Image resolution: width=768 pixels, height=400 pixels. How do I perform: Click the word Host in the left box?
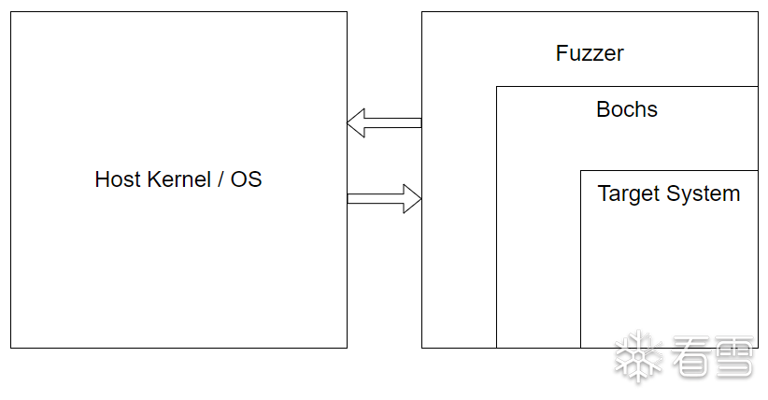(x=116, y=179)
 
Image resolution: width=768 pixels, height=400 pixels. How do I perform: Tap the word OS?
(x=247, y=179)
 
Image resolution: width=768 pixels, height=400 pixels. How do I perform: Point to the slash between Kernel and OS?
(x=221, y=179)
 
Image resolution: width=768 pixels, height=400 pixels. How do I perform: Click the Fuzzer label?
(x=590, y=53)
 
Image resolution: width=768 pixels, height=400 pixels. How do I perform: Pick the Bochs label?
(x=627, y=109)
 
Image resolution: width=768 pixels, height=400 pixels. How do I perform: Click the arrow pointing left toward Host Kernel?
(x=384, y=122)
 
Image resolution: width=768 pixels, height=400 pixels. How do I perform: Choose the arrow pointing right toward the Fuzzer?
(x=384, y=198)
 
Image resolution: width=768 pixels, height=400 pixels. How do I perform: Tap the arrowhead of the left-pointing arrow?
(x=355, y=122)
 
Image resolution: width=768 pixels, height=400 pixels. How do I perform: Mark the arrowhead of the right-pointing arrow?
(x=412, y=198)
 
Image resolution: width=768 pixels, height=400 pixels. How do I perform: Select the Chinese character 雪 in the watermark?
(x=732, y=359)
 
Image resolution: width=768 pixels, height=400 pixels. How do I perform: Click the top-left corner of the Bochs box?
(x=496, y=87)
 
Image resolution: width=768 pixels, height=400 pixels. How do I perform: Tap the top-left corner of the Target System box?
(x=580, y=171)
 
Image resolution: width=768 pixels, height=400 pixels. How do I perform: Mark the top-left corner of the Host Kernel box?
(x=11, y=12)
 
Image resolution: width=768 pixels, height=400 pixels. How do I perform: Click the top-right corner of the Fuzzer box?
(x=758, y=12)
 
